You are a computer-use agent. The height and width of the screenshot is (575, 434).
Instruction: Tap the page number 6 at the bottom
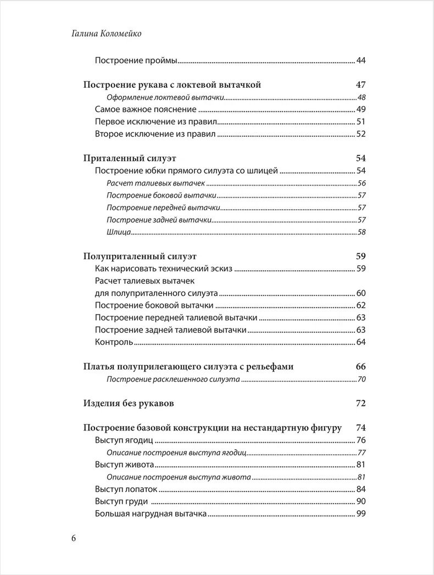pos(74,538)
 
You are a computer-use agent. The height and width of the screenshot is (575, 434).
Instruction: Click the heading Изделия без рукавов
pos(129,404)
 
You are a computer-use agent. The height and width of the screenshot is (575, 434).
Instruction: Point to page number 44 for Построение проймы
pos(361,60)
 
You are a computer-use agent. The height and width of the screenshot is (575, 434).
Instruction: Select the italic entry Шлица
pos(119,232)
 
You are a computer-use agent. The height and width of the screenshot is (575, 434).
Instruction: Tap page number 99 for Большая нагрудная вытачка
pos(361,514)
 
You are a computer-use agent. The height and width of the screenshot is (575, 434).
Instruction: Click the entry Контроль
pos(114,342)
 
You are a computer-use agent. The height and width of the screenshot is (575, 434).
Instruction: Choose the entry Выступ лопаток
pos(126,489)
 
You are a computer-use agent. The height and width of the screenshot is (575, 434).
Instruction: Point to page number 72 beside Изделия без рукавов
pos(360,404)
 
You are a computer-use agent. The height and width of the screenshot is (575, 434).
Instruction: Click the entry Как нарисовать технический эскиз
pos(164,269)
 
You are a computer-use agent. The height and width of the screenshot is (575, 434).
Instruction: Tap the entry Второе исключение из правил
pos(155,134)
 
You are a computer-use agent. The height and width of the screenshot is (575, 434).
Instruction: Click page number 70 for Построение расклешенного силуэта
pos(361,379)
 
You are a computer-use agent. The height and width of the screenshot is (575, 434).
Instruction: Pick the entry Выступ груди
pos(122,501)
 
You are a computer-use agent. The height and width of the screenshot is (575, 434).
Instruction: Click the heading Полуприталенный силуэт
pos(140,256)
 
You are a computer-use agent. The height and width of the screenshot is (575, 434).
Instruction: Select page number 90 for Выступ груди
pos(361,501)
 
